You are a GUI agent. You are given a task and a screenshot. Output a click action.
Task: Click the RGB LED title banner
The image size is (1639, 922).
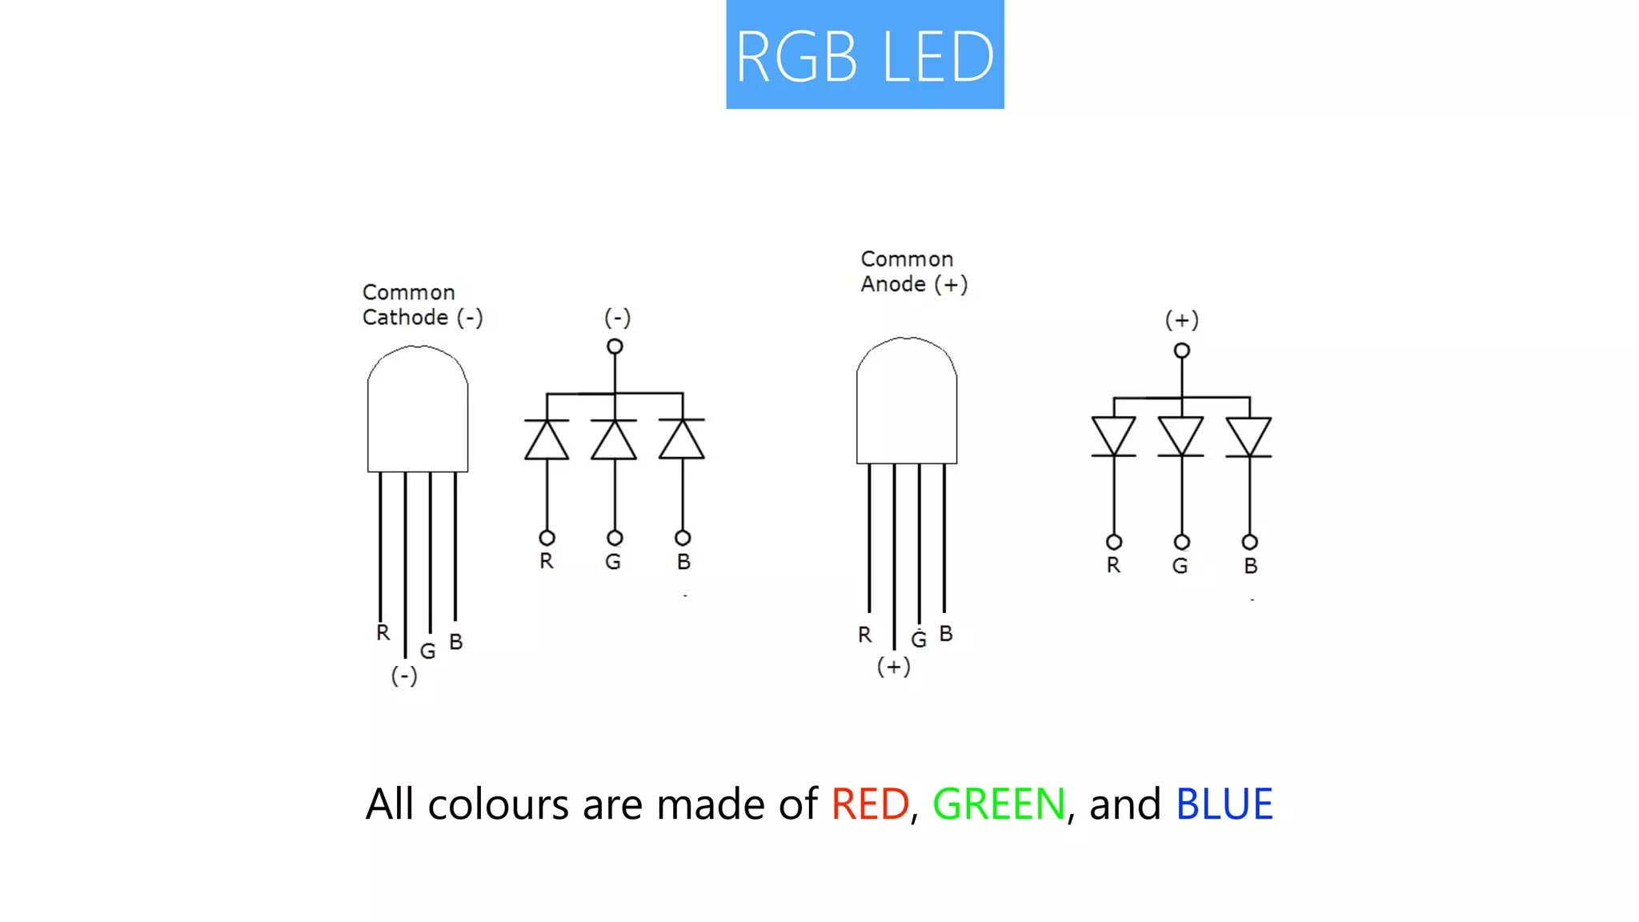coord(864,54)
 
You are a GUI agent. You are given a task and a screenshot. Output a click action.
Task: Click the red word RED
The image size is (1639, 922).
coord(870,804)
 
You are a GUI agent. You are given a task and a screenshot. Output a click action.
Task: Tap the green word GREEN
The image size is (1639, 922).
coord(999,804)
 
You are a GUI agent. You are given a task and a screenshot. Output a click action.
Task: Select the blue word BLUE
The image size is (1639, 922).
coord(1224,804)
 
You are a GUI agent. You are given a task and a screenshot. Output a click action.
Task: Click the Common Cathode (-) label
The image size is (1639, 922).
coord(422,305)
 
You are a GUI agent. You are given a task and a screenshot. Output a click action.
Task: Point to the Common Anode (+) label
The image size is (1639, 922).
coord(914,271)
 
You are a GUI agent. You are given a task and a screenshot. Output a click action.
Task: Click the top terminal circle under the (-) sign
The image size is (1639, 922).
coord(615,347)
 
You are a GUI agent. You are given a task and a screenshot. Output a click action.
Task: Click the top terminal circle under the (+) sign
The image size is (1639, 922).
coord(1182,351)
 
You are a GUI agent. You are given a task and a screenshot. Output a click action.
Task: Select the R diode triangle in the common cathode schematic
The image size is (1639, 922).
coord(547,442)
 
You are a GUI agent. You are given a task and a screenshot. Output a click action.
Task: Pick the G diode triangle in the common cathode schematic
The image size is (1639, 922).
coord(615,442)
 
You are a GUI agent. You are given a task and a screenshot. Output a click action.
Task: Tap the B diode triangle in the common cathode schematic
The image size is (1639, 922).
coord(682,442)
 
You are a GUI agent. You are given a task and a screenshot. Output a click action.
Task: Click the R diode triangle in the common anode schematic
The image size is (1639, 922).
coord(1114,435)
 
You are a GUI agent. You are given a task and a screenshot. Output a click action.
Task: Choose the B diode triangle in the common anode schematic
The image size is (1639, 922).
coord(1249,435)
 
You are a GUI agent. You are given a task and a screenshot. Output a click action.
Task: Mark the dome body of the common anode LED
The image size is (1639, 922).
coord(907,404)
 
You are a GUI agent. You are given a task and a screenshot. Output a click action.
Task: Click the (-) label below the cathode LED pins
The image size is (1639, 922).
coord(404,676)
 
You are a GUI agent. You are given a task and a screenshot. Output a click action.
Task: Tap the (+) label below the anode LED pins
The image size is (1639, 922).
coord(894,667)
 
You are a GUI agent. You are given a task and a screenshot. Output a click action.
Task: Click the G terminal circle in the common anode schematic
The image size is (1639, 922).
coord(1182,542)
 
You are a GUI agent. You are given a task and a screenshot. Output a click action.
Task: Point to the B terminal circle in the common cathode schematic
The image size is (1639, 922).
coord(683,538)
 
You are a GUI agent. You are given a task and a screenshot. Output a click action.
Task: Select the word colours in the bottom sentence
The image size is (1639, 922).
coord(499,804)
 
